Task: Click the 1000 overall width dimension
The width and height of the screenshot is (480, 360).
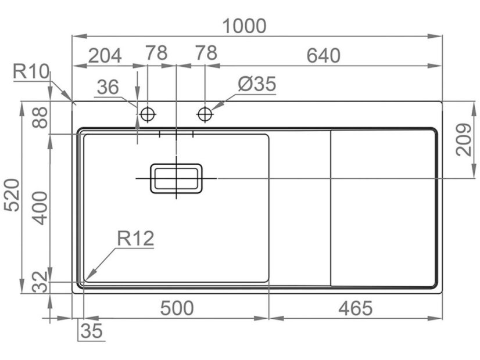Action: (245, 26)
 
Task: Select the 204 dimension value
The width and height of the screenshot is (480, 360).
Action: (105, 56)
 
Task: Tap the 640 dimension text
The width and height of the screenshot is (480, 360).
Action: (323, 56)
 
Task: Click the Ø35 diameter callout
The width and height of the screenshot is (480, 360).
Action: (256, 85)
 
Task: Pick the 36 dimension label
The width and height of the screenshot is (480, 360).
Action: (108, 88)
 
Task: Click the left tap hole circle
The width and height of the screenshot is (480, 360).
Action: (148, 114)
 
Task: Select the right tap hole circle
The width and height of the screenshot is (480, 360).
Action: (205, 114)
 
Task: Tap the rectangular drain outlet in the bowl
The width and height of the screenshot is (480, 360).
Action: (177, 178)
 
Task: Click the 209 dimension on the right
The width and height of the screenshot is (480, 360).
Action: (463, 140)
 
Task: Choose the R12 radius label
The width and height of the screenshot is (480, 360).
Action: (135, 238)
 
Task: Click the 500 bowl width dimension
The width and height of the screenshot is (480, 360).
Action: (177, 308)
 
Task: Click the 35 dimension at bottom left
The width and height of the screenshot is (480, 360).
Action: (91, 332)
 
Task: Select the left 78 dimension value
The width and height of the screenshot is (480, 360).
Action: (156, 53)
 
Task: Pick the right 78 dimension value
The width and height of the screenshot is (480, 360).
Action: (206, 53)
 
